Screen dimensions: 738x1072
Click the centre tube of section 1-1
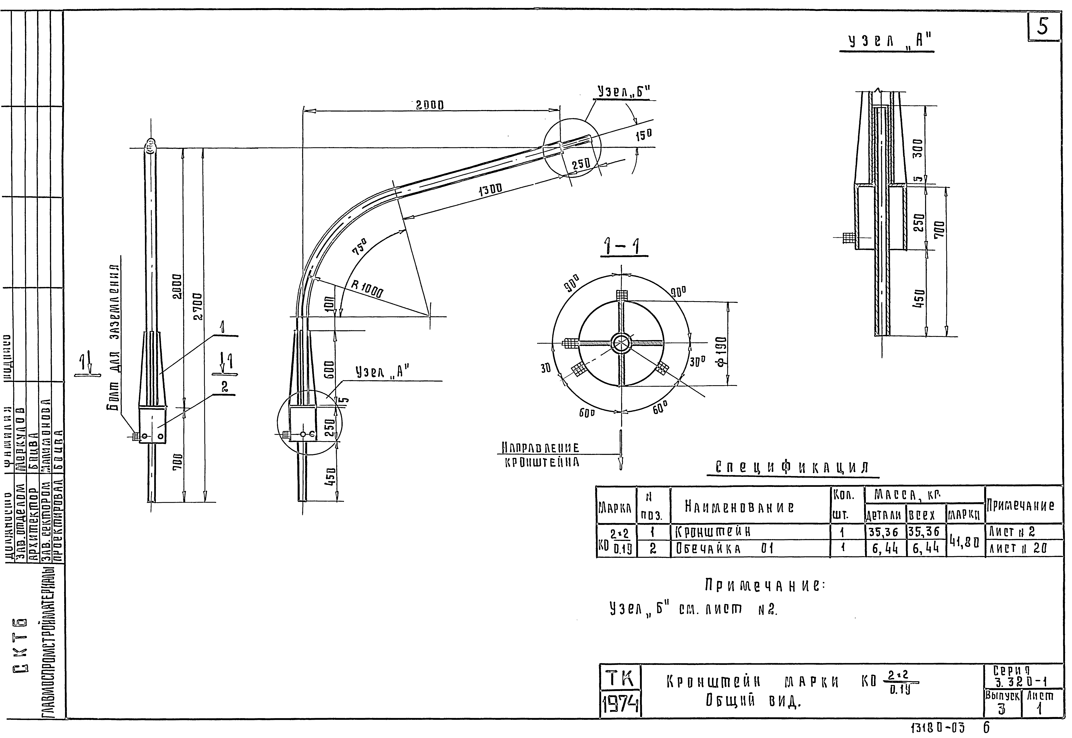click(621, 343)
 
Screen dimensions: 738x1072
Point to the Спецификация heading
click(792, 467)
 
